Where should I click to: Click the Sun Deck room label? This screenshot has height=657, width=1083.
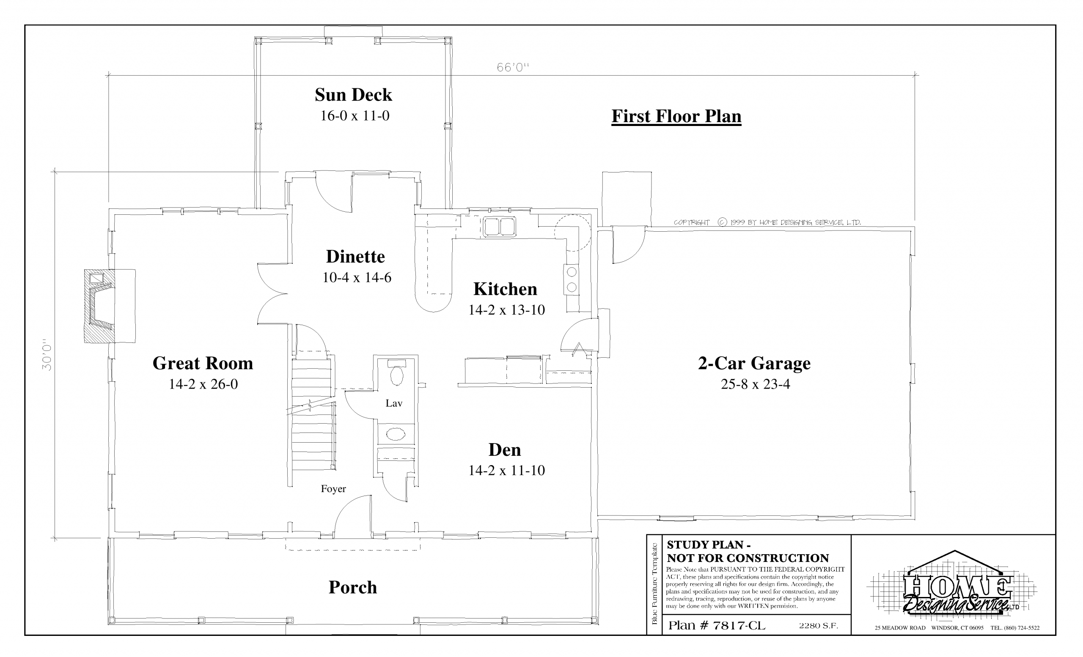coord(353,95)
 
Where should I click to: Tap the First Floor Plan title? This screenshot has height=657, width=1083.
coord(676,116)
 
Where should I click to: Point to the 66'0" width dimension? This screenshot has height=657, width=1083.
coord(512,67)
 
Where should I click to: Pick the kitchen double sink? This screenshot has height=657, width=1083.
coord(500,227)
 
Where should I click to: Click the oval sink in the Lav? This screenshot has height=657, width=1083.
coord(396,434)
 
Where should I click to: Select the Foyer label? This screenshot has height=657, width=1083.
coord(333,489)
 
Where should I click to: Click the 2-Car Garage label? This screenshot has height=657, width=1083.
coord(754,363)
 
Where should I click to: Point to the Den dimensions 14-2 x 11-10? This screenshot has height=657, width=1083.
coord(506,471)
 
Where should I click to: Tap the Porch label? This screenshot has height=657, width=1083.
coord(353,588)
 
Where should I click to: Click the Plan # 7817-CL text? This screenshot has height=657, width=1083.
coord(717,625)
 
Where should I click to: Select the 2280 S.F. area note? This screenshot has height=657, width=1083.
coord(819,626)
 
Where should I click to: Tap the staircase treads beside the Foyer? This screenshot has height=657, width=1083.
coord(312,415)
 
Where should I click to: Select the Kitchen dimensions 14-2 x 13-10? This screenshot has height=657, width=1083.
coord(506,310)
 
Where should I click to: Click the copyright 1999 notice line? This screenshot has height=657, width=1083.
coord(767,222)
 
